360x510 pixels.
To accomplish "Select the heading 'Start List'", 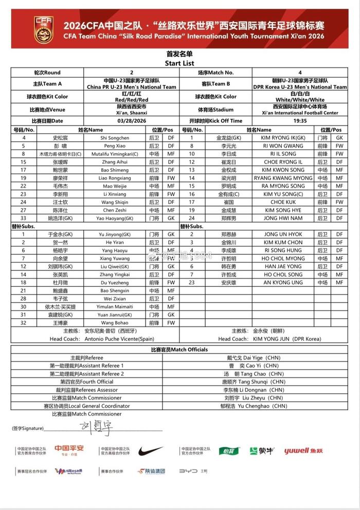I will (x=179, y=63).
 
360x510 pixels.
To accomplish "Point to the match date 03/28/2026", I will (x=132, y=120).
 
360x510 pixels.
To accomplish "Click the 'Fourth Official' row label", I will (x=87, y=382).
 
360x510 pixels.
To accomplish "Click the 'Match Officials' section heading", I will (x=179, y=350).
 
